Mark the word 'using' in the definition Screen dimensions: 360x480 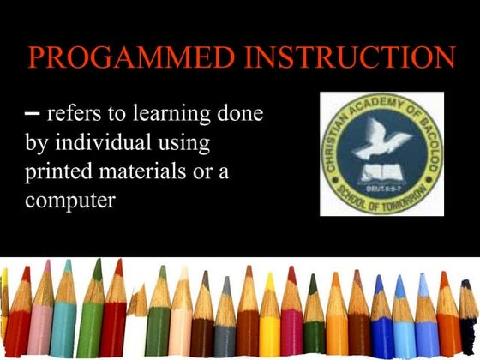click(x=188, y=142)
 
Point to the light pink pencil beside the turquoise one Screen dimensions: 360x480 click(x=41, y=317)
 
